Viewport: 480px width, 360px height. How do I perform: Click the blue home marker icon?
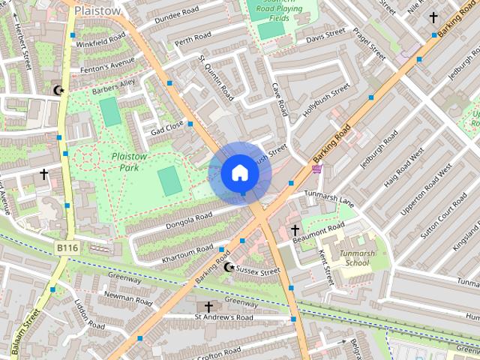tap(239, 173)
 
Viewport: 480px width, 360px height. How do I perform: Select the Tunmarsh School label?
tap(355, 259)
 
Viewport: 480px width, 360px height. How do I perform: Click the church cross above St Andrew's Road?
tap(208, 307)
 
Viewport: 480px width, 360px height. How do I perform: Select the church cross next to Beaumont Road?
tap(295, 229)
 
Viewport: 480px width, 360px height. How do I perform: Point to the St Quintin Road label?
tap(214, 76)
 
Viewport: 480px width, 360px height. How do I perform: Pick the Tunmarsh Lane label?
tap(328, 197)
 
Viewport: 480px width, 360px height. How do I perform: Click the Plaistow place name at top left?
tap(97, 10)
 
